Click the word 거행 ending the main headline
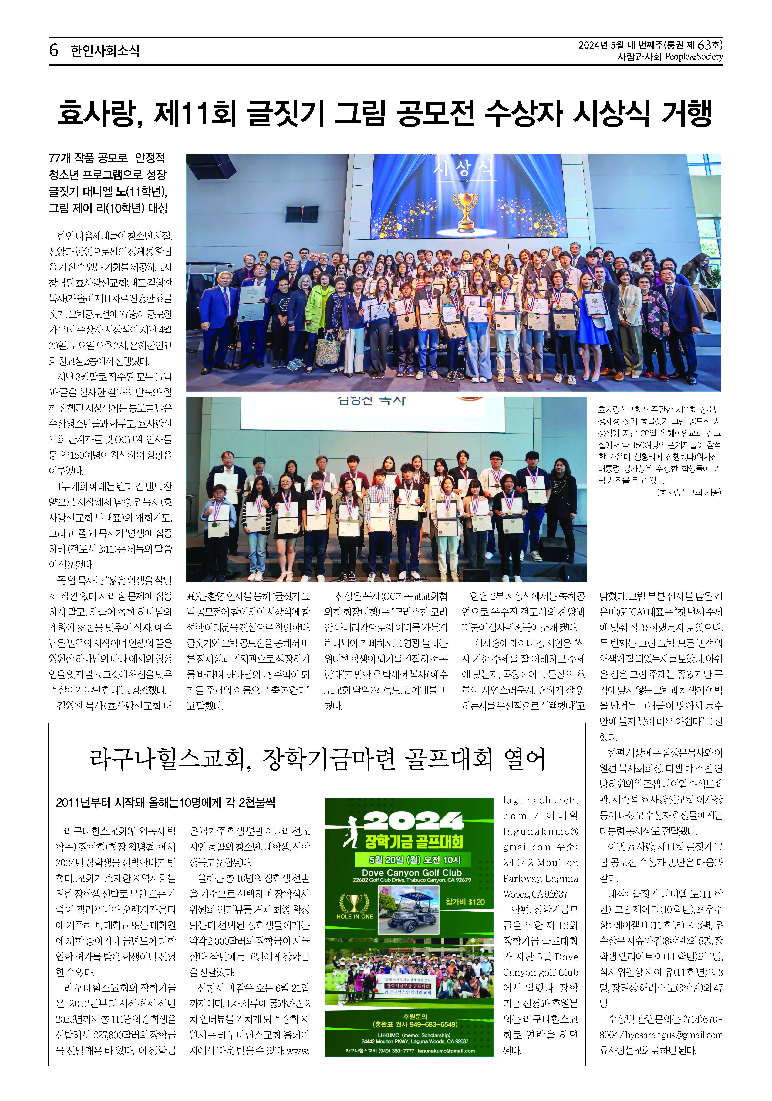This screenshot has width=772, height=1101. click(686, 114)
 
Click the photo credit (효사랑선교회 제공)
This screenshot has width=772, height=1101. click(689, 492)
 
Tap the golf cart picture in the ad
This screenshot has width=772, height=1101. click(408, 909)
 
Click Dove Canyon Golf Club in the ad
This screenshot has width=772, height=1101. click(411, 873)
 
